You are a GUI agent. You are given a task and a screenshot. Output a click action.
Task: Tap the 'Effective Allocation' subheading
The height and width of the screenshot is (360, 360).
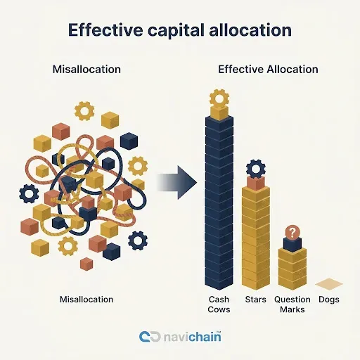[x=268, y=70]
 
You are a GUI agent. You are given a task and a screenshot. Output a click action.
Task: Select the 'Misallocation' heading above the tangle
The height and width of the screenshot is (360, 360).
[x=86, y=70]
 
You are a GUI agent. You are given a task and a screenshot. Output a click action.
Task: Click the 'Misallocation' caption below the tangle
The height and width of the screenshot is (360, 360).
[x=86, y=300]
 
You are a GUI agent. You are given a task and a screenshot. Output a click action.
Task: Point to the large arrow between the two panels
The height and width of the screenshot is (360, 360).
[x=177, y=183]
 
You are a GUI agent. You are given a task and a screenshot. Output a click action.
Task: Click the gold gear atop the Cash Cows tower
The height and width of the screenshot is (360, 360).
[x=219, y=98]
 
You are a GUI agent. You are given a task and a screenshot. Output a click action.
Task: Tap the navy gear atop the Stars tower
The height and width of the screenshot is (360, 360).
[x=256, y=169]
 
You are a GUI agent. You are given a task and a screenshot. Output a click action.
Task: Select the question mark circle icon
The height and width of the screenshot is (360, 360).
[x=292, y=233]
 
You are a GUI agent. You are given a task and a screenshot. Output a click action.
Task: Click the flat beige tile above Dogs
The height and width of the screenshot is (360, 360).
[x=329, y=284]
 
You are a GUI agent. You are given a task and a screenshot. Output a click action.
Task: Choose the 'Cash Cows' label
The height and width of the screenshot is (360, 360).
[x=219, y=304]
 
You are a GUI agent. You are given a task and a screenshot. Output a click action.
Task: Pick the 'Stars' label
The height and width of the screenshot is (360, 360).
[x=256, y=300]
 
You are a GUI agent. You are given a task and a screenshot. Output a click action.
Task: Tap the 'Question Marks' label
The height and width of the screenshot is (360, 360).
[x=292, y=304]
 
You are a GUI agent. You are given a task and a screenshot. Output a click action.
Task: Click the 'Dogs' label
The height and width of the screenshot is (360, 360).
[x=329, y=300]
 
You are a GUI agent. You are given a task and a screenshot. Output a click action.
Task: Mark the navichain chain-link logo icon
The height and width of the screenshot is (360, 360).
[x=150, y=337]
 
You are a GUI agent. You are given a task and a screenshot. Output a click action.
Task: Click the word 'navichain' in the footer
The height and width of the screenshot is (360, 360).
[x=192, y=337]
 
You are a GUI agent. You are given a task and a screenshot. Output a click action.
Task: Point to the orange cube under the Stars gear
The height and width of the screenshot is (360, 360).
[x=256, y=183]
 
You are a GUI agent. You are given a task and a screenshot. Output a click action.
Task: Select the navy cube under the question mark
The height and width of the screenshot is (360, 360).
[x=292, y=245]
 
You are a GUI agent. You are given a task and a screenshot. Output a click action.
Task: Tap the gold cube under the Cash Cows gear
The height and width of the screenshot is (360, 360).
[x=219, y=112]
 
